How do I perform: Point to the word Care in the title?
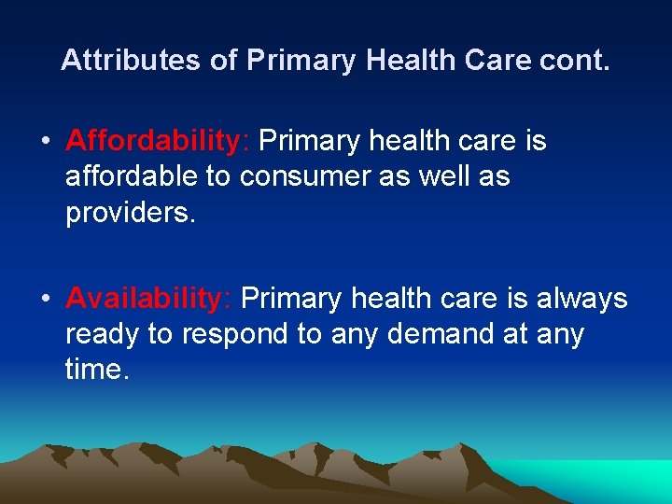(497, 61)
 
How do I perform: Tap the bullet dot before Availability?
(45, 300)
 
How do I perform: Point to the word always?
(582, 299)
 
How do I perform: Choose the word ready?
(99, 334)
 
